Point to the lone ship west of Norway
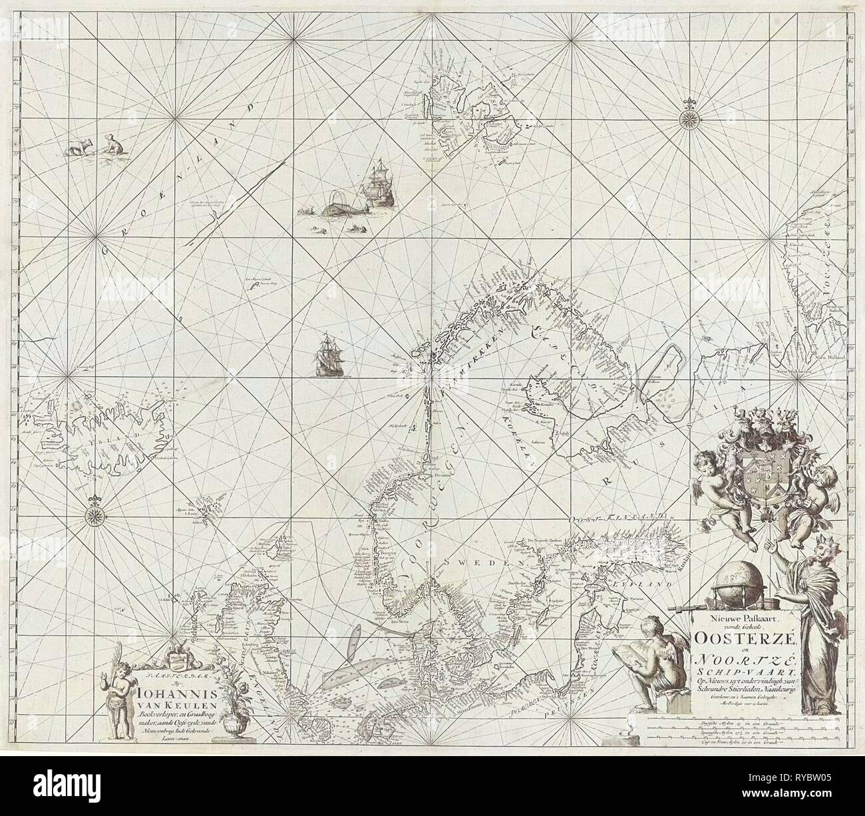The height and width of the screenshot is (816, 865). point(328,354)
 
